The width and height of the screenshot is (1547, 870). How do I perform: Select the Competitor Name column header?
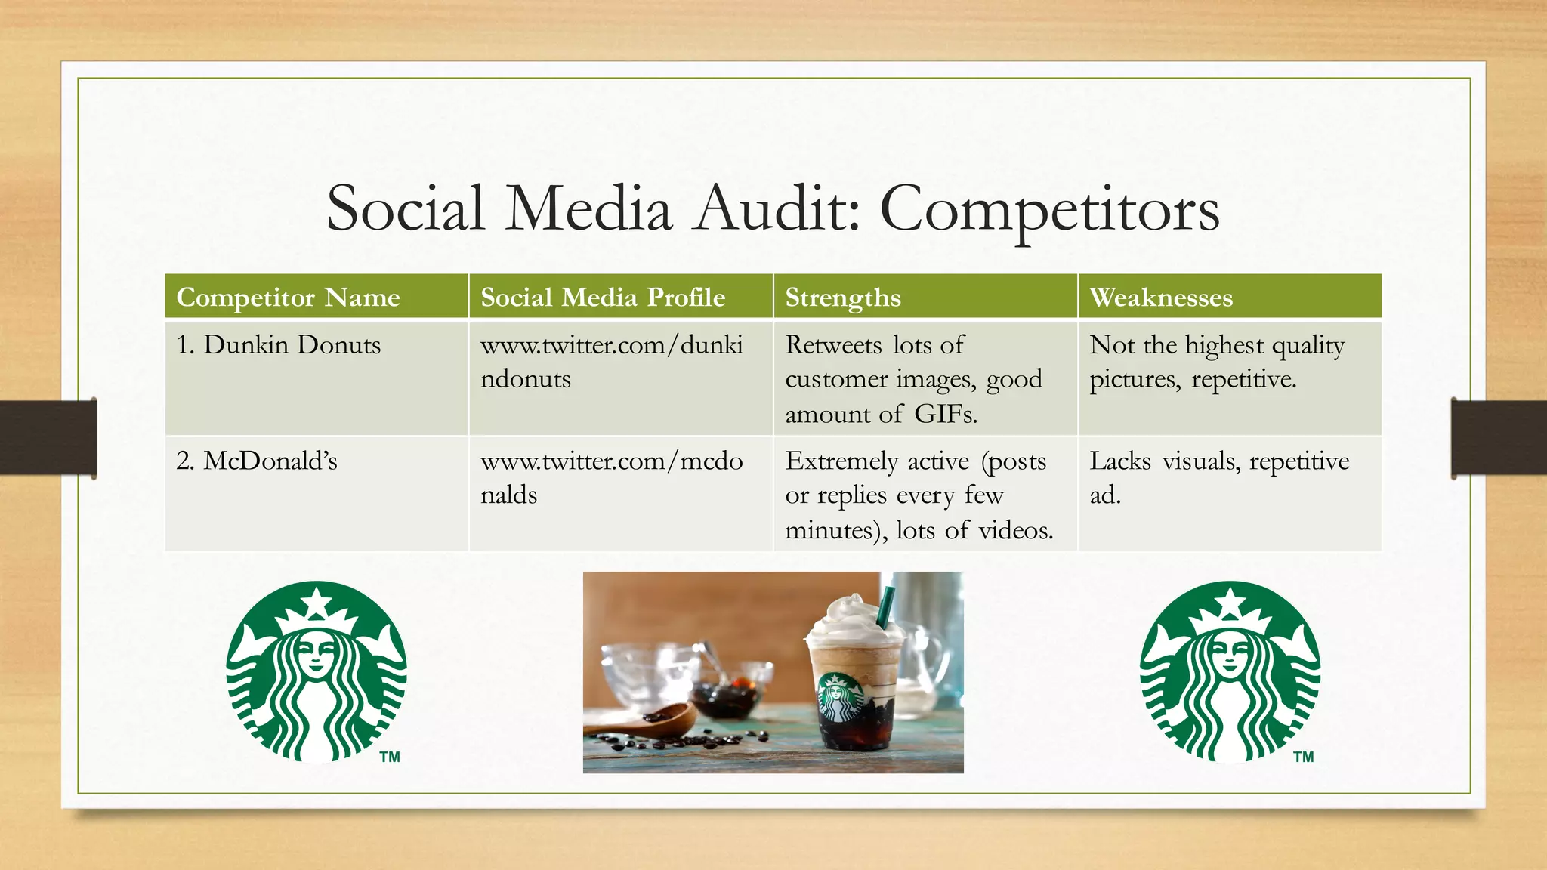[x=288, y=297]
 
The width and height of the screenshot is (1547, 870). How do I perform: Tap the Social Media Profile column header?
[x=603, y=297]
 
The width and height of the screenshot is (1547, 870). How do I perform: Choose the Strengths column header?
[x=843, y=297]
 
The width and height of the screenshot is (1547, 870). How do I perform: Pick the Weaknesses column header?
[x=1161, y=297]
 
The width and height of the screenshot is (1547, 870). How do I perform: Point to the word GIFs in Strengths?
[x=945, y=414]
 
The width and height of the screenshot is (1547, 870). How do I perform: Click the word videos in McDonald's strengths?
[x=1014, y=530]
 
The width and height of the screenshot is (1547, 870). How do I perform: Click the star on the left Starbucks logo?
[x=317, y=602]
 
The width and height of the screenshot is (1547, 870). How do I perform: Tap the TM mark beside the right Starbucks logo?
[x=1303, y=757]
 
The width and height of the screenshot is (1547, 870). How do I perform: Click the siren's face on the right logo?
[x=1230, y=650]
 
